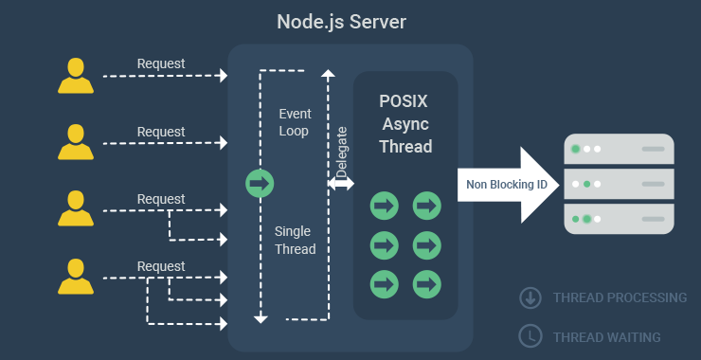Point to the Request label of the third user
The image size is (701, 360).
tap(161, 199)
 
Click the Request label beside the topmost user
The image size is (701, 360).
tap(161, 64)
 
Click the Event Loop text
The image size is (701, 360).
tap(294, 122)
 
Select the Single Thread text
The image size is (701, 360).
tap(294, 241)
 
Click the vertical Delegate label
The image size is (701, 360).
tap(342, 151)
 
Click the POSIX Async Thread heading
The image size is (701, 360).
tap(405, 124)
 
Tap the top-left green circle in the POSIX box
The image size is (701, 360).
tap(384, 205)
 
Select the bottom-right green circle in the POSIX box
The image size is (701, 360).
tap(427, 282)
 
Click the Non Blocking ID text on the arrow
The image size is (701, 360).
tap(507, 184)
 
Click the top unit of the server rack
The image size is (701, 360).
tap(619, 149)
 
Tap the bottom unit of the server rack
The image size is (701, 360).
tap(619, 219)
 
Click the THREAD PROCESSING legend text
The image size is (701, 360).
tap(620, 297)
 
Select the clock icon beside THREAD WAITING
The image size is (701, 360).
tap(530, 336)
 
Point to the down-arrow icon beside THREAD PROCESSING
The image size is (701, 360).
tap(530, 297)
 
